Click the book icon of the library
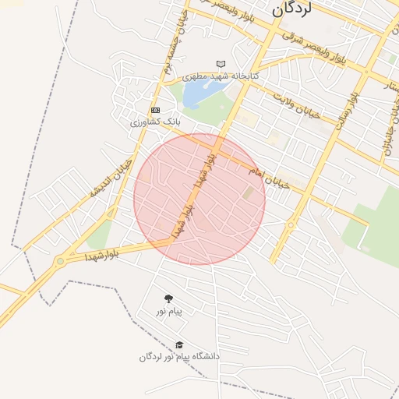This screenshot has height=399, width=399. pos(221,64)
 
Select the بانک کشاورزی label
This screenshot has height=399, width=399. pos(155,122)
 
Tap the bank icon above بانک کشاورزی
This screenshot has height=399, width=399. pos(156,110)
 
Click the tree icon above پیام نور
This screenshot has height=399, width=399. pos(168,298)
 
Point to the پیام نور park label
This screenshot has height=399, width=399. pos(168,312)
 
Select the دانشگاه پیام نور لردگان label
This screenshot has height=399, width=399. pos(179,357)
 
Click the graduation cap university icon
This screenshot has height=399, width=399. pos(179,344)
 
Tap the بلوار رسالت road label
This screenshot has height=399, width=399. pos(347,117)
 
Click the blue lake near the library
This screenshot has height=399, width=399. pos(199,94)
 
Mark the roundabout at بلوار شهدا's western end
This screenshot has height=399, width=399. pos(60,262)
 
